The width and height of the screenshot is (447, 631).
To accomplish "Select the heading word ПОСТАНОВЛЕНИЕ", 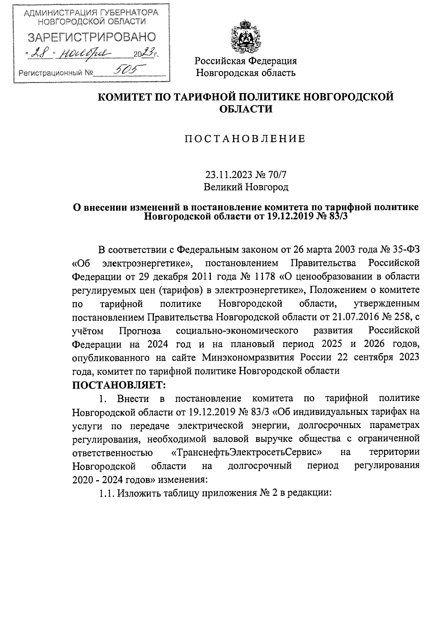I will pos(245,139).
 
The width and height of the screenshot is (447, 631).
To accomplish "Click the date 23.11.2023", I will pos(228,174).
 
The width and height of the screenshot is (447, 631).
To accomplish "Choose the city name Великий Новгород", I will pos(246,187).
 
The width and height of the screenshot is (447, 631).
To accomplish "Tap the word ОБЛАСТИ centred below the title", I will pos(245,109).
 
